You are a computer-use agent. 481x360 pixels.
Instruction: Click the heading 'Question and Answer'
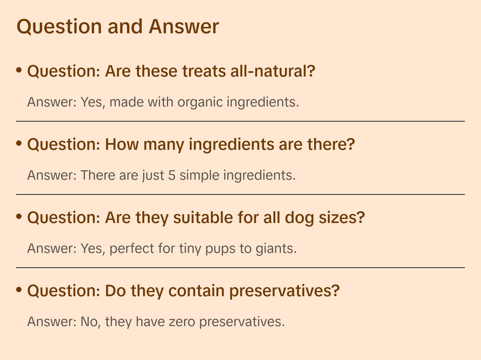tap(118, 26)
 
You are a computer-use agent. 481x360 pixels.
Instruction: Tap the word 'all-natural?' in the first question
tap(272, 71)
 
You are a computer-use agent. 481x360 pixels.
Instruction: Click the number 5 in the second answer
tap(172, 175)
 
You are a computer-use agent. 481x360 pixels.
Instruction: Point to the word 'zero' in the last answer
tap(182, 322)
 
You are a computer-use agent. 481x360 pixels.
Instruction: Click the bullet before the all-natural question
tap(19, 70)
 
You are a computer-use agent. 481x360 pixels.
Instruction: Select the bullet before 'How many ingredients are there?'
tap(19, 143)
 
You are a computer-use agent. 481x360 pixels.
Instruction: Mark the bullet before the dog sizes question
tap(19, 217)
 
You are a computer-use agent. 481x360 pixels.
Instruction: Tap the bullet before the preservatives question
tap(19, 290)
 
